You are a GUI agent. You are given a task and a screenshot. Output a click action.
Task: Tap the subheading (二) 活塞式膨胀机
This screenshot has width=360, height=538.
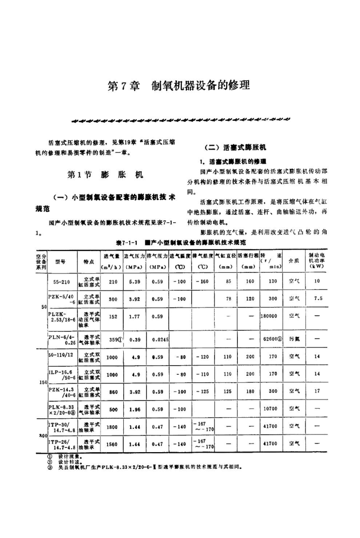pos(235,148)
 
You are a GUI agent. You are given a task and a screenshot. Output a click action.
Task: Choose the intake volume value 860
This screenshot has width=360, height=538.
pos(113,390)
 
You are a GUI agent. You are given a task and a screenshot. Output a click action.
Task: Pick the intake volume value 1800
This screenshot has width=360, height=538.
pos(113,427)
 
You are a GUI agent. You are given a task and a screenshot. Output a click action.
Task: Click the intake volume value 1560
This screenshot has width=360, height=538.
pos(113,444)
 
